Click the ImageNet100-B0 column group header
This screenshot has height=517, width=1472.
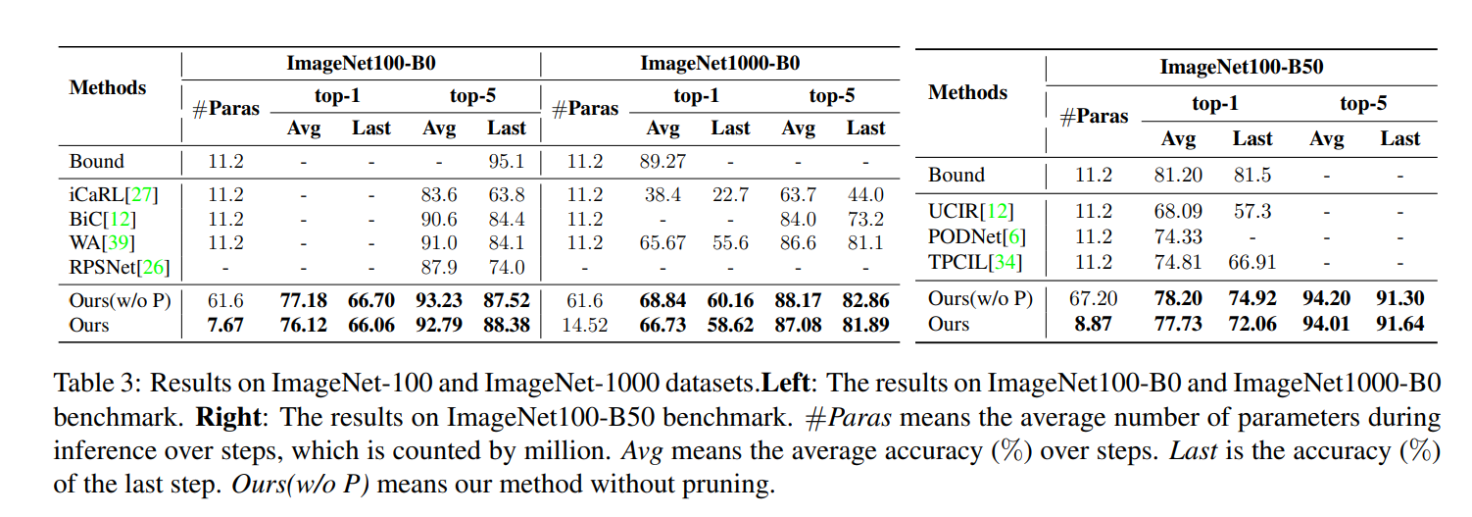[x=361, y=64]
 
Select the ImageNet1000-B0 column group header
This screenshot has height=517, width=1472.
[x=720, y=64]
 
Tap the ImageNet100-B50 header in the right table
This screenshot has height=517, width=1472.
[x=1242, y=68]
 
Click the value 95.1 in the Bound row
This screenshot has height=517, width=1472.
[x=506, y=161]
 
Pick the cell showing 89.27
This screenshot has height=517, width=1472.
[x=663, y=161]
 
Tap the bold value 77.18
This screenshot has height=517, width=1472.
[x=304, y=300]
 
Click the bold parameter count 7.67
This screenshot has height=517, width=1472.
[x=225, y=325]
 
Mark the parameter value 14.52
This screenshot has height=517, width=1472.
[x=585, y=325]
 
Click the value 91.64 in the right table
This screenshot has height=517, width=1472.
[x=1399, y=323]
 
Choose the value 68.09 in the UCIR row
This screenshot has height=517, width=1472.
[x=1178, y=211]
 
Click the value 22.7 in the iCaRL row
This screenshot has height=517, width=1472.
[x=730, y=195]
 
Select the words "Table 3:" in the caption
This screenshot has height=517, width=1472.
[x=94, y=382]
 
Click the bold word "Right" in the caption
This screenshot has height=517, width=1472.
[x=227, y=416]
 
